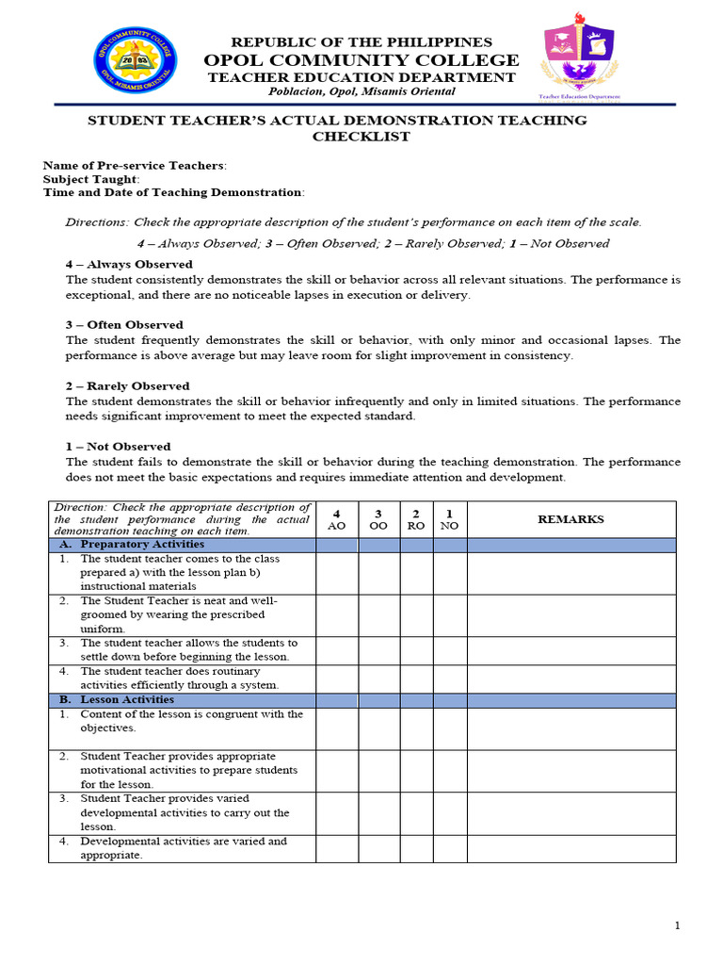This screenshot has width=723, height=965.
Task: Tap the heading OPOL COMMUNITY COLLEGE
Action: [x=361, y=60]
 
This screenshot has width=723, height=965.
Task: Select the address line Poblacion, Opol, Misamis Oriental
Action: [x=361, y=91]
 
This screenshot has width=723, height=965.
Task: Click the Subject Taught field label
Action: [x=91, y=179]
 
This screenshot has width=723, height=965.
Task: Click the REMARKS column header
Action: [x=570, y=519]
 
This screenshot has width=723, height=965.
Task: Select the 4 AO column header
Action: [x=336, y=519]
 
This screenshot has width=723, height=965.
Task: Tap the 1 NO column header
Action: [x=449, y=519]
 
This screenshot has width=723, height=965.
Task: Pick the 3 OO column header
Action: [x=378, y=519]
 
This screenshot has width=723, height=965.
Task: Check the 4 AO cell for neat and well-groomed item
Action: [x=336, y=615]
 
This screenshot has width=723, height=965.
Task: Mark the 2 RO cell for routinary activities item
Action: [x=416, y=679]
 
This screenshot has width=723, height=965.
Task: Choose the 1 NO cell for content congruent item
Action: [x=449, y=728]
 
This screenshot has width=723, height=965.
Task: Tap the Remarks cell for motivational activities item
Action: [x=570, y=771]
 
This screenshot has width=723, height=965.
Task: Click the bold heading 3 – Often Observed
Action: [x=124, y=325]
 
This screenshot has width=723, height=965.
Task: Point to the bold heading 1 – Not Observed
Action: [x=118, y=447]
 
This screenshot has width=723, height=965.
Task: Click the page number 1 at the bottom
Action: [x=677, y=926]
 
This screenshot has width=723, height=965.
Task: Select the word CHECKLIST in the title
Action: [x=361, y=137]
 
